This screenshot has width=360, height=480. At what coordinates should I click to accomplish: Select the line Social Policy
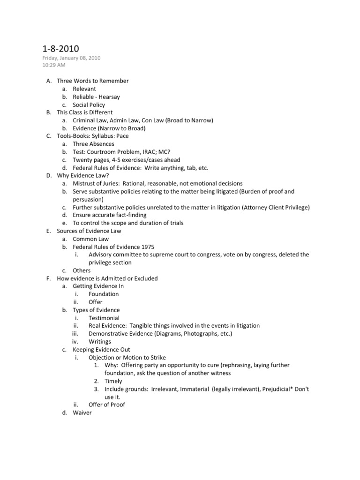click(x=89, y=105)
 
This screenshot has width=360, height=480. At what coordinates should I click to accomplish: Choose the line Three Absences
click(x=93, y=144)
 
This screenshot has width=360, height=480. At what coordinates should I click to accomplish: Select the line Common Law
click(x=90, y=239)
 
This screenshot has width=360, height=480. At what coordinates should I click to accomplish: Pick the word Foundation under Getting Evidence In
click(x=104, y=294)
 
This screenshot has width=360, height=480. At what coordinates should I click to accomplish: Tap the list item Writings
click(x=100, y=341)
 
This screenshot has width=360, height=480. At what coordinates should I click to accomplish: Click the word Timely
click(x=113, y=381)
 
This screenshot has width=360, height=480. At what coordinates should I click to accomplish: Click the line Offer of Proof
click(x=107, y=405)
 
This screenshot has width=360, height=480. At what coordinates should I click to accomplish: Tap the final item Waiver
click(x=82, y=412)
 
